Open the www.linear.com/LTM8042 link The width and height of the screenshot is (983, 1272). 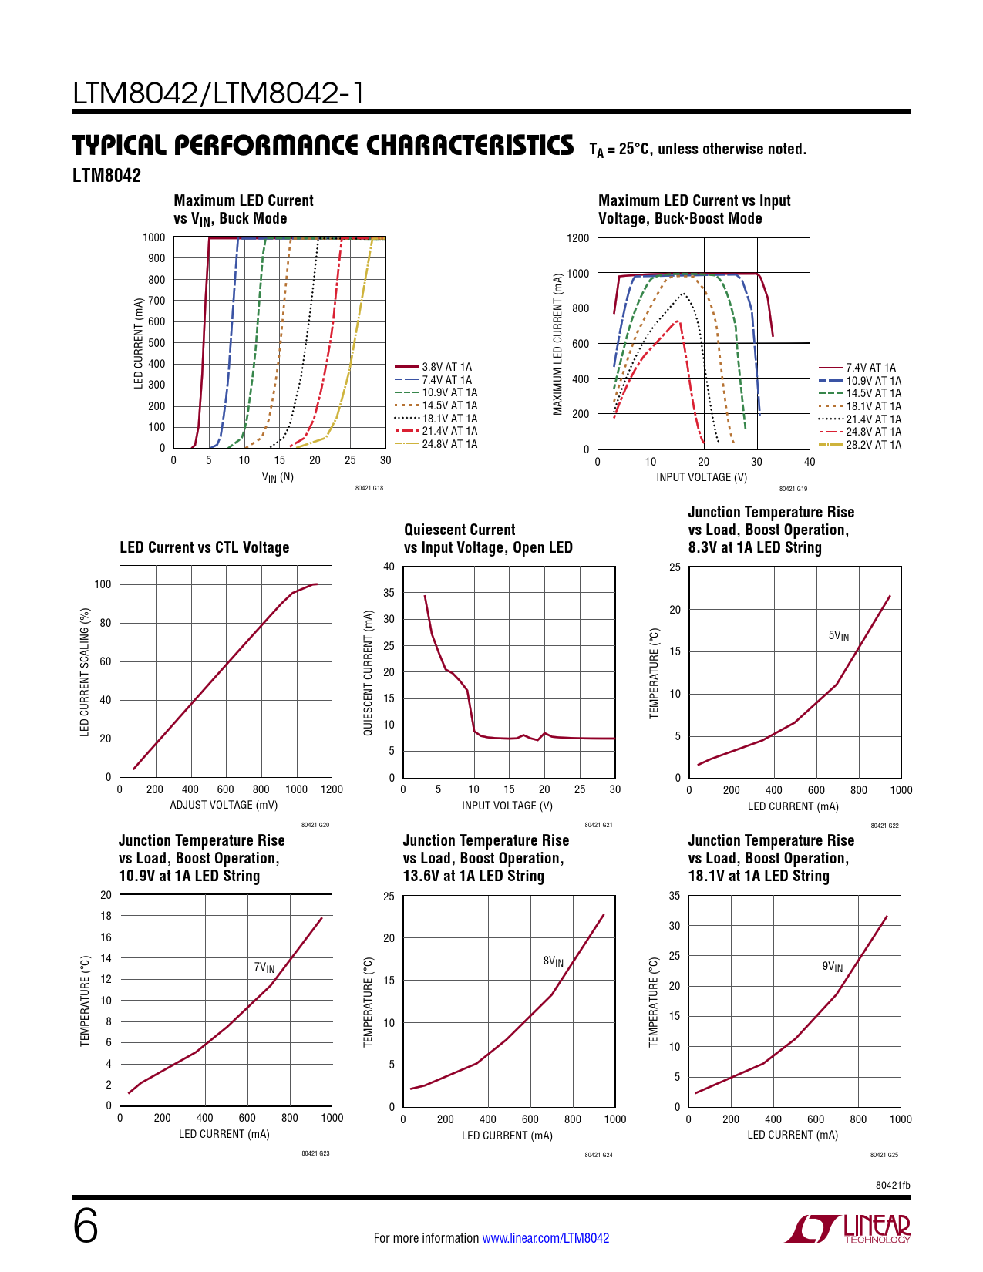pyautogui.click(x=545, y=1238)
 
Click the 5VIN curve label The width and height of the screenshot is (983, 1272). pyautogui.click(x=838, y=636)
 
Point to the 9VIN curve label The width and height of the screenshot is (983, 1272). pyautogui.click(x=832, y=967)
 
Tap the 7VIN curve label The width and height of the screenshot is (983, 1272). pyautogui.click(x=264, y=967)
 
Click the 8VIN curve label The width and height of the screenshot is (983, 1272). pyautogui.click(x=553, y=961)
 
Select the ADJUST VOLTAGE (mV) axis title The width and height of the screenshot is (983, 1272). pyautogui.click(x=224, y=805)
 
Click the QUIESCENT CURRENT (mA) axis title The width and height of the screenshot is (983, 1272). pyautogui.click(x=369, y=673)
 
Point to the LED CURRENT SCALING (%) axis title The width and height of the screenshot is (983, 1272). pyautogui.click(x=85, y=672)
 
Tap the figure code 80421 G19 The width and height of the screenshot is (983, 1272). pyautogui.click(x=793, y=489)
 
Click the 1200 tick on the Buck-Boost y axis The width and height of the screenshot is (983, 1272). pyautogui.click(x=578, y=238)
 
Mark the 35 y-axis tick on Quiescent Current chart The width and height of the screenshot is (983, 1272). pyautogui.click(x=389, y=593)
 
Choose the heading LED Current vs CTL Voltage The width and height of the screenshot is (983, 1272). pyautogui.click(x=204, y=547)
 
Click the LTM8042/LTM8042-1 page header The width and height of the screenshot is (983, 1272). pyautogui.click(x=218, y=94)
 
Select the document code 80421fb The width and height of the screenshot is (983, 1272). pyautogui.click(x=893, y=1185)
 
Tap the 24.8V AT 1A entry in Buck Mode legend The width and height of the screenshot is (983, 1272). pyautogui.click(x=449, y=444)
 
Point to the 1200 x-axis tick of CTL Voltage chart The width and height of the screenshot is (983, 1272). pyautogui.click(x=332, y=789)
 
